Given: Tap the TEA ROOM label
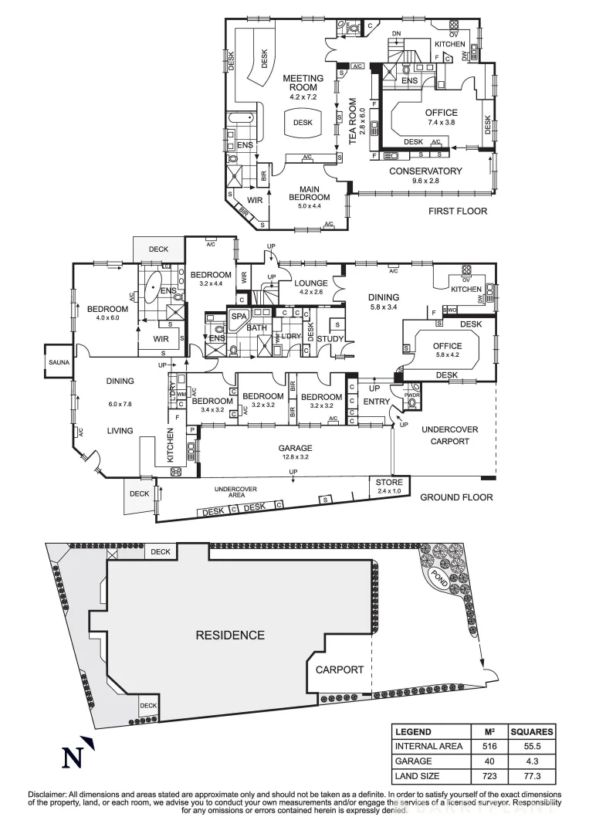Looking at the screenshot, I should pos(353,121).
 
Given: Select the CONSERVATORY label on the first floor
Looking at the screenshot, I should pos(425,171).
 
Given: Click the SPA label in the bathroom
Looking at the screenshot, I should pos(236,317).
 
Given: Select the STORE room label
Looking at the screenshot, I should pos(384,482).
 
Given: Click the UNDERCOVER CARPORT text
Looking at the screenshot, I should pos(449,435).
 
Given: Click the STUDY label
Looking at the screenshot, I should pos(330,338).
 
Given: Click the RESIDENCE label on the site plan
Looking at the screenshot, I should pos(229,635).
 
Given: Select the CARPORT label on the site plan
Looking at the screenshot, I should pos(339,670).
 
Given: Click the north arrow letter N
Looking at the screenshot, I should pos(73,758).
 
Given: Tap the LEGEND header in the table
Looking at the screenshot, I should pos(413,731).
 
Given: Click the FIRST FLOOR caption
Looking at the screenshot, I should pos(459,211).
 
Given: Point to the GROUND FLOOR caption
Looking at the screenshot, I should pos(456,497).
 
